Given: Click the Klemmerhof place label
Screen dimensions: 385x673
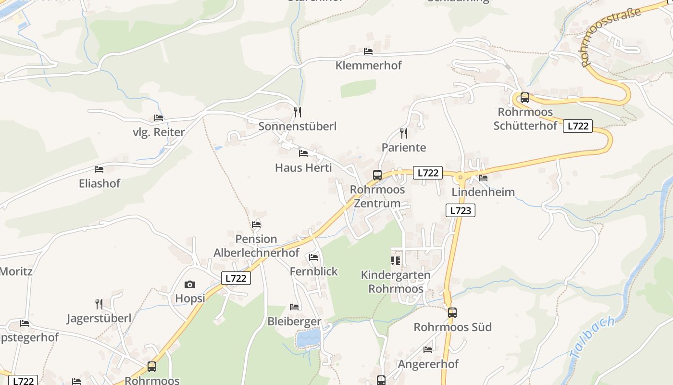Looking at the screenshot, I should (368, 65).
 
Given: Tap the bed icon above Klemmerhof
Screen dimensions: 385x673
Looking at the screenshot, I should (368, 51).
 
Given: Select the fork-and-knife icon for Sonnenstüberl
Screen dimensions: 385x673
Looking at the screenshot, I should (298, 112).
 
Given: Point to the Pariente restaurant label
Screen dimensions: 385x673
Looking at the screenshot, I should (404, 147).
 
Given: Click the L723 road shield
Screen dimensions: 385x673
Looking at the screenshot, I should (461, 210).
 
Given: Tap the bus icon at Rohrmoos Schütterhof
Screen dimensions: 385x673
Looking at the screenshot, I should (525, 98).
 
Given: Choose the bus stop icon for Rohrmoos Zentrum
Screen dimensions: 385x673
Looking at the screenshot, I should (377, 175).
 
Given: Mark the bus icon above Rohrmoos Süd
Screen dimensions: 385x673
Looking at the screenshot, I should (452, 313).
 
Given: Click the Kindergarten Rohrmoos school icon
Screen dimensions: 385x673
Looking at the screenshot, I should (396, 261).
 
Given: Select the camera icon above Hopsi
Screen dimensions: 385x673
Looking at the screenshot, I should (190, 284).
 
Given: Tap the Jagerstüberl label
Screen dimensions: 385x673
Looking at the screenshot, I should (99, 318).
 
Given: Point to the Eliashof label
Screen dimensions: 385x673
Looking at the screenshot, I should (100, 183).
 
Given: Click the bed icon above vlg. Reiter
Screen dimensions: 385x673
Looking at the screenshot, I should (159, 118).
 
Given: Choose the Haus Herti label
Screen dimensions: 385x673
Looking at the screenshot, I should (303, 167).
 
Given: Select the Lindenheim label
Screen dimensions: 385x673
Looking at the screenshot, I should (483, 192).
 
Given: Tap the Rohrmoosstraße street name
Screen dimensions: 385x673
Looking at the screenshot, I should (611, 36).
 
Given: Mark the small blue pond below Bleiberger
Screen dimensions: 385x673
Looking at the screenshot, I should (308, 338).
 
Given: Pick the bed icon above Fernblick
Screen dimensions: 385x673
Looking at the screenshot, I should (313, 257).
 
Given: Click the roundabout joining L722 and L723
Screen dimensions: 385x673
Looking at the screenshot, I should (461, 178).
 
